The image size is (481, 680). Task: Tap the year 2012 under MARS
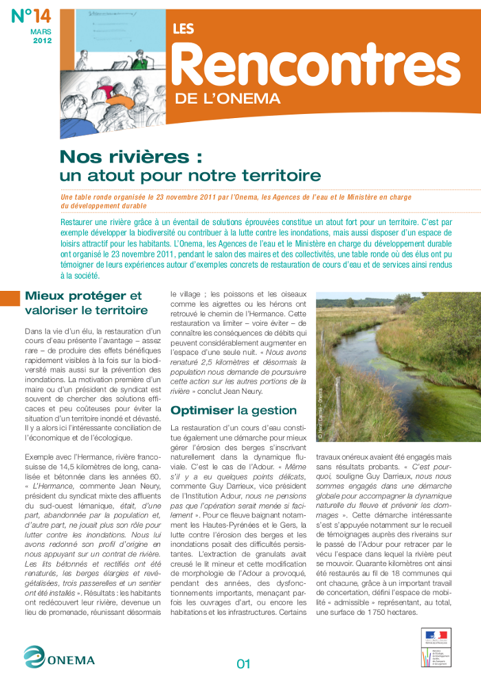click(41, 41)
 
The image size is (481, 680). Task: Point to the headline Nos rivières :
click(131, 156)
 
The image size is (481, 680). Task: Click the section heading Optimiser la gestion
click(224, 410)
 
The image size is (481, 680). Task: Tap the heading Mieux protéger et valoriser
click(83, 303)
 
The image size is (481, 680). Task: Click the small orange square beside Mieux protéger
click(10, 298)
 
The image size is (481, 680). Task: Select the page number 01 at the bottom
click(243, 664)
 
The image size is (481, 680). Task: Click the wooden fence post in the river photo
click(337, 399)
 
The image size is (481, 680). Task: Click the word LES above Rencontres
click(183, 30)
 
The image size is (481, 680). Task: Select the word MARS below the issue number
click(41, 32)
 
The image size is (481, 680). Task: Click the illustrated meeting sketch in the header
click(113, 65)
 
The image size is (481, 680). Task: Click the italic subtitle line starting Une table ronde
click(236, 198)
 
